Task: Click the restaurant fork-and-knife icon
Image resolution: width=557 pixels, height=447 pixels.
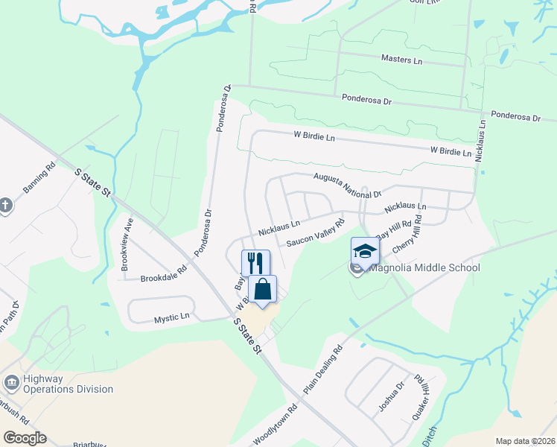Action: tap(255, 262)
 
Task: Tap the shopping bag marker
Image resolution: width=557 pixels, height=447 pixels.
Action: tap(263, 289)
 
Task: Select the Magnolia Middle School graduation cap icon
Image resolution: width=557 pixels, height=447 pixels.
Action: tap(365, 251)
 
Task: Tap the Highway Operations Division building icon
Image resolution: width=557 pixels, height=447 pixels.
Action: tap(12, 383)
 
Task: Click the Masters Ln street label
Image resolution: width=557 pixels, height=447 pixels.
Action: tap(401, 58)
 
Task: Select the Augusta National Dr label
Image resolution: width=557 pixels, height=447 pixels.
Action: tap(347, 183)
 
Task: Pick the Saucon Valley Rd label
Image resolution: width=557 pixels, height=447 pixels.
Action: tap(316, 232)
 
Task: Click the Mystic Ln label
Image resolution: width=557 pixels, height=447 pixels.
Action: tap(171, 318)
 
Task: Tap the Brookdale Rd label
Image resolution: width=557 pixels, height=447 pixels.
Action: tap(163, 275)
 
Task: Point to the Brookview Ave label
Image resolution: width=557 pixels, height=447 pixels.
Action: tap(127, 244)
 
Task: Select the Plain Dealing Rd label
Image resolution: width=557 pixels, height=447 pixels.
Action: tap(322, 370)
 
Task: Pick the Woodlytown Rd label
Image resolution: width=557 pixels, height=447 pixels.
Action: tap(275, 425)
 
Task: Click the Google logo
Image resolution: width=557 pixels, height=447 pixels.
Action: tap(24, 438)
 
